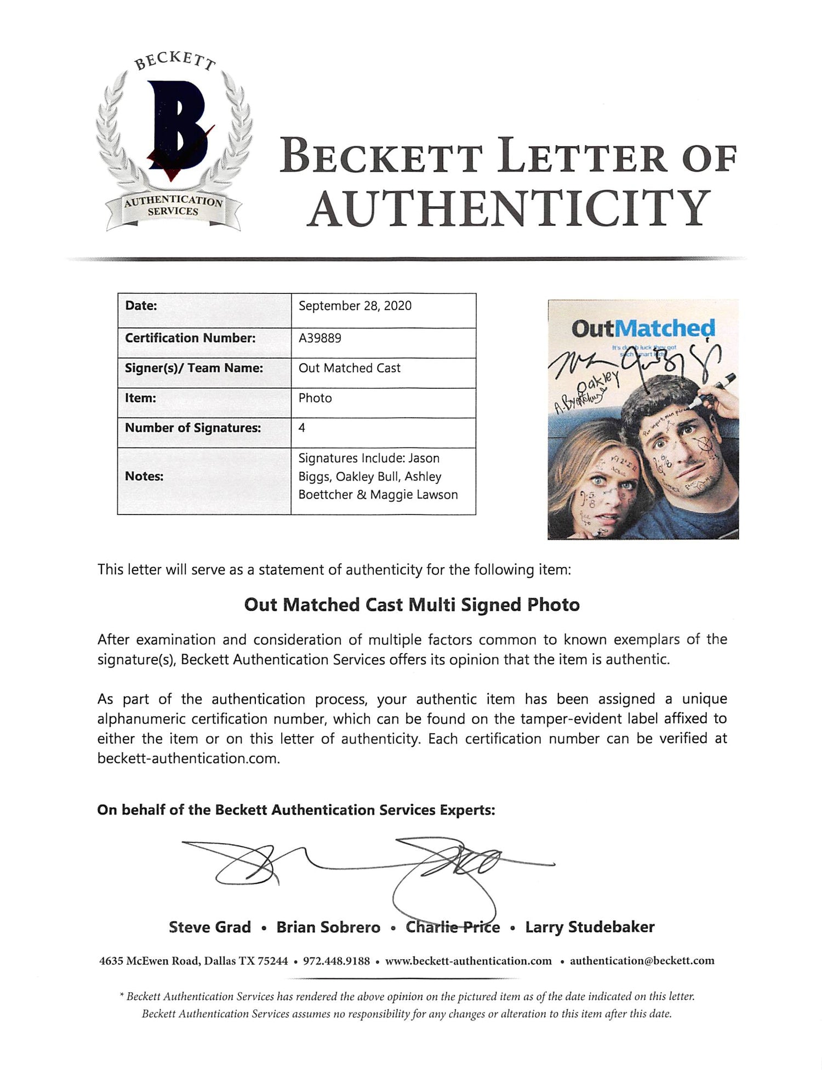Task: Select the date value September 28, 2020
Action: (x=355, y=306)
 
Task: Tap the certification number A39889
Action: (x=319, y=338)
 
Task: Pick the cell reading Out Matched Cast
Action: (x=349, y=368)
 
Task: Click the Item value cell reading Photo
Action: (x=315, y=398)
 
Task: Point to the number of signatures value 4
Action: (x=302, y=428)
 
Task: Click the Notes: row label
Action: (x=144, y=476)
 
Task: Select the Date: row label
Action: (x=141, y=306)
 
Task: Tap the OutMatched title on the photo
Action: (x=643, y=329)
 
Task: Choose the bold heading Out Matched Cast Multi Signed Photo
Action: (x=412, y=605)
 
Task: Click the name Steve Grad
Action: (x=210, y=927)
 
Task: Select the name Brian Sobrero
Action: (x=328, y=927)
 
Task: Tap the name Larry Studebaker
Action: (x=590, y=927)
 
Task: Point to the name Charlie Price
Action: (x=453, y=927)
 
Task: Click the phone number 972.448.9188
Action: (x=336, y=961)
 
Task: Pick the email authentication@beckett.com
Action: (x=642, y=961)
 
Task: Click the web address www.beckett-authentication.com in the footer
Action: (x=469, y=961)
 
